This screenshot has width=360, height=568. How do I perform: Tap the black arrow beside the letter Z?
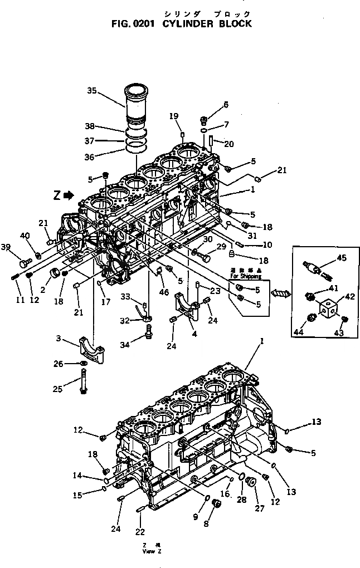(69, 195)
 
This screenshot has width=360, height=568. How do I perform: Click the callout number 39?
(6, 247)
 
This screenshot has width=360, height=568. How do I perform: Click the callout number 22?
(140, 531)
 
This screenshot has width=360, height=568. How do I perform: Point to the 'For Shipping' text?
(245, 276)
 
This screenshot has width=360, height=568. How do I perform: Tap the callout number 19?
(174, 116)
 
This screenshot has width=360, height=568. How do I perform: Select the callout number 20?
(228, 144)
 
